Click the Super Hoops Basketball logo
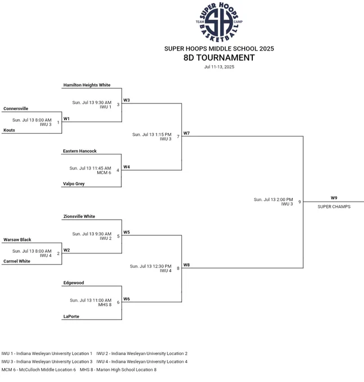point(219,22)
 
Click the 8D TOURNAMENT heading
point(219,58)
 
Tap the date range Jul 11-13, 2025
point(219,67)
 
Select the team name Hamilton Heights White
point(87,85)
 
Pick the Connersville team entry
point(16,108)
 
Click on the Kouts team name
point(9,130)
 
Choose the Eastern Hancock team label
point(80,151)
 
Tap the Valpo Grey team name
point(74,184)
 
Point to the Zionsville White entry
point(79,216)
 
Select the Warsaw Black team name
point(17,240)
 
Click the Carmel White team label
point(17,261)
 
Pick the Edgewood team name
point(74,283)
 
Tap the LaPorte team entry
point(71,316)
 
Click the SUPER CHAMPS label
point(334,207)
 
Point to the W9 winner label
point(334,198)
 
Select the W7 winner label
point(186,133)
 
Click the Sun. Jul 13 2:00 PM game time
point(274,199)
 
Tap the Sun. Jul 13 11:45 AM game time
point(90,168)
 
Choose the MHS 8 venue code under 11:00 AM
point(105,304)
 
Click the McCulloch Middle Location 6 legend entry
point(39,370)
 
